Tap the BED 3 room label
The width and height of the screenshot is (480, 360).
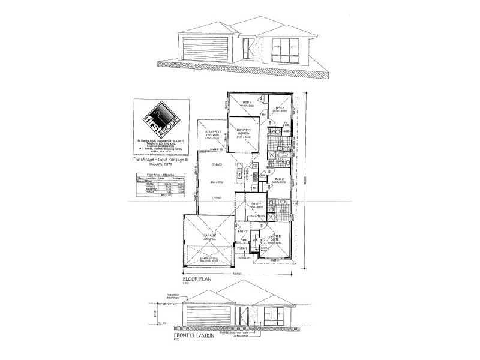pos(280,109)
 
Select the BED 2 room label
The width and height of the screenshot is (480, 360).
pos(278,179)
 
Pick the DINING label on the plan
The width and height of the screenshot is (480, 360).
pos(217,164)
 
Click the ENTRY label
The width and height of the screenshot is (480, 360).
pos(243,231)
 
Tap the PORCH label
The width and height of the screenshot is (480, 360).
pos(242,248)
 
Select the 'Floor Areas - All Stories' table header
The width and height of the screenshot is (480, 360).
pos(153,173)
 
